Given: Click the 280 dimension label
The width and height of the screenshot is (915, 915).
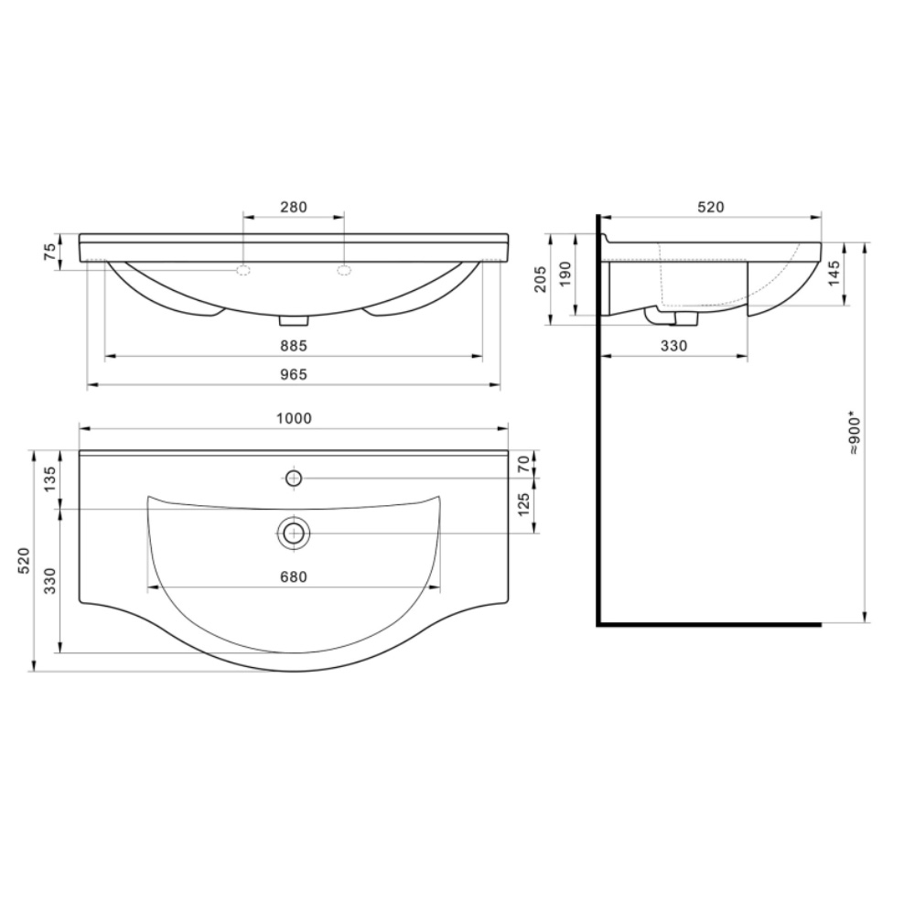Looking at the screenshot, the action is (294, 207).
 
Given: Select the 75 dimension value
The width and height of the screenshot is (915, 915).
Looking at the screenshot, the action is (50, 252).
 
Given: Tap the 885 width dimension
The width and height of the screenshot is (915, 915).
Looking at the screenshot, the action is (294, 346).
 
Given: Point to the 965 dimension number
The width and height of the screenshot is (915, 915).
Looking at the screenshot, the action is (294, 374).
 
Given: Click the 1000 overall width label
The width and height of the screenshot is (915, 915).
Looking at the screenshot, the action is (294, 418).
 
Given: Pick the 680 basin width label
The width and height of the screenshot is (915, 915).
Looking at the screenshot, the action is (294, 577).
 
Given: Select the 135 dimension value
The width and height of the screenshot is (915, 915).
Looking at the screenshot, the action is (50, 479).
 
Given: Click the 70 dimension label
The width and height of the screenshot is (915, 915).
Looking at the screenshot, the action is (524, 465).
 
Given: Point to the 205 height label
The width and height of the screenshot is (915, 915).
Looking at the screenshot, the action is (541, 279).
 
